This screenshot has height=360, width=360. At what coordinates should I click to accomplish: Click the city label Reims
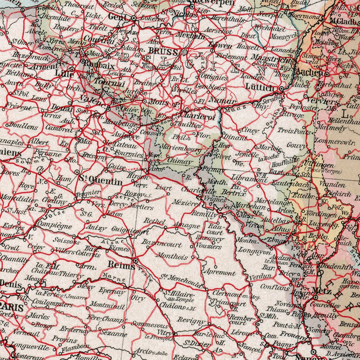point(122,266)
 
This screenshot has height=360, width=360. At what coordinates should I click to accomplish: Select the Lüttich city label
point(260,88)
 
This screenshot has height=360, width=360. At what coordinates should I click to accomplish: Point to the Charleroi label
point(197,118)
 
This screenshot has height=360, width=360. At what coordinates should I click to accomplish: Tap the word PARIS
point(11,308)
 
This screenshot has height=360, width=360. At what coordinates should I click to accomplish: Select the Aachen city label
point(309,72)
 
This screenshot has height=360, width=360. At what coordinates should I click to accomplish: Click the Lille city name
point(65,74)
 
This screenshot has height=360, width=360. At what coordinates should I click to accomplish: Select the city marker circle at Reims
point(136,261)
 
